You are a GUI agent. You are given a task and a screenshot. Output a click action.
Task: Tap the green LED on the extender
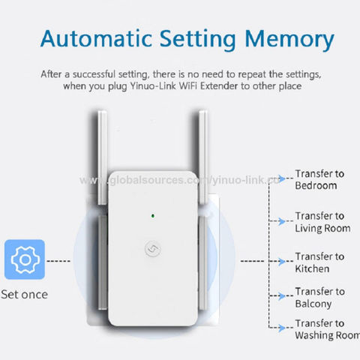point(153,217)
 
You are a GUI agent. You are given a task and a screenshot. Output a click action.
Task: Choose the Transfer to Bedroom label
point(319,178)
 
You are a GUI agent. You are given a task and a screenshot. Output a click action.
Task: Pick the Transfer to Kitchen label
point(319,261)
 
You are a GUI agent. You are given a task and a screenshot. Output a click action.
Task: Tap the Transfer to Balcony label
point(319,297)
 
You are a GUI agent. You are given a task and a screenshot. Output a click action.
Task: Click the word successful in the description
point(119,74)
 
